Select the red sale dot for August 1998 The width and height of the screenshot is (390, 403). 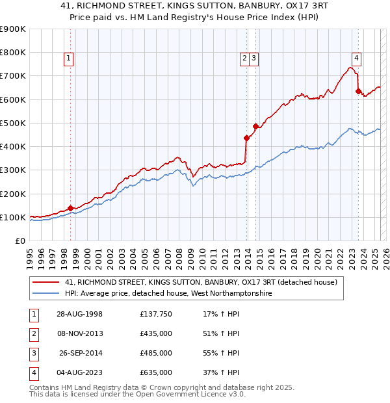70,208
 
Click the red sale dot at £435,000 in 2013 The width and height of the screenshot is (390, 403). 246,138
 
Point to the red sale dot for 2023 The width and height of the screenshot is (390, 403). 358,92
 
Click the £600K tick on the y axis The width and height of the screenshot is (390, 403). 13,99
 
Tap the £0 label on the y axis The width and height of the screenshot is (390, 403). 20,240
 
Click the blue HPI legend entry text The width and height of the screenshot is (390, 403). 168,294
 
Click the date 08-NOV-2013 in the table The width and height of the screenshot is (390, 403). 80,334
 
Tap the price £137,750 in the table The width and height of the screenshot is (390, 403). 155,315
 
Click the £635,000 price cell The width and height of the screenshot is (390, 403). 155,373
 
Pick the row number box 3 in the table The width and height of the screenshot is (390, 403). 32,354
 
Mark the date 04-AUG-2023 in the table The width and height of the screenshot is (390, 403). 80,373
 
